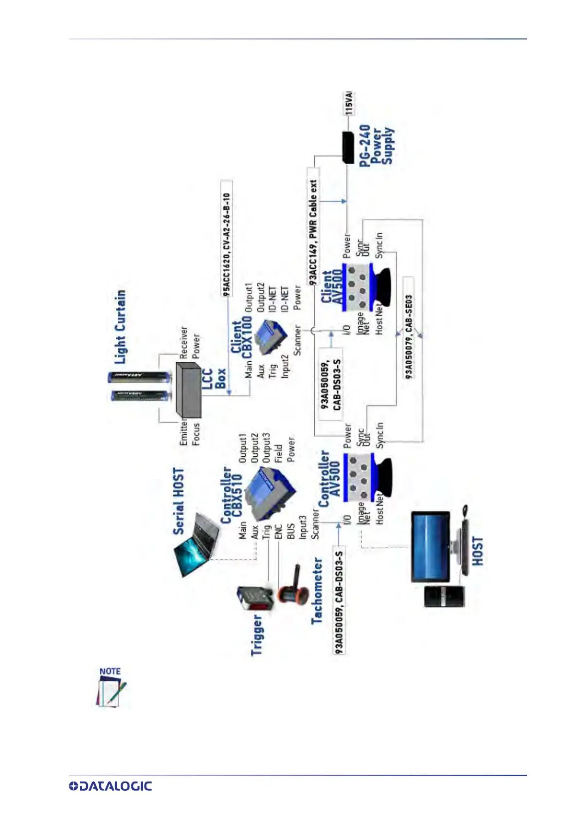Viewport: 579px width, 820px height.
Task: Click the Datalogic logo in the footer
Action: (110, 786)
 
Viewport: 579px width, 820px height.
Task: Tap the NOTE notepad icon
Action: (111, 688)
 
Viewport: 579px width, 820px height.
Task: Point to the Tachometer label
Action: (317, 591)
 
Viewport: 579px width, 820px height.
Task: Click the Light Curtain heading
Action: (120, 327)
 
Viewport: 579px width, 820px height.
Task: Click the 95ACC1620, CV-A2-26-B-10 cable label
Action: (226, 244)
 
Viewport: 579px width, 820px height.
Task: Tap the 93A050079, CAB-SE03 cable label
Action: (409, 336)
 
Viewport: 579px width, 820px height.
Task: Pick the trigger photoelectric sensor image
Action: (254, 598)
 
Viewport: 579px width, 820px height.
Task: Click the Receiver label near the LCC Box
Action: (183, 342)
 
